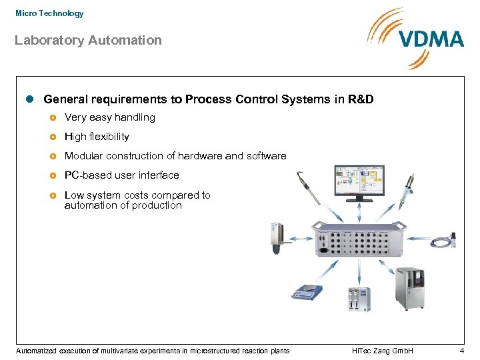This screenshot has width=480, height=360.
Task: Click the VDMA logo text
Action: click(431, 39)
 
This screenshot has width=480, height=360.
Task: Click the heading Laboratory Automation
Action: click(88, 40)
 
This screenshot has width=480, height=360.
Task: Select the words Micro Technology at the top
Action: click(49, 13)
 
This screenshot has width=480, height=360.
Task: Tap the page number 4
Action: click(461, 351)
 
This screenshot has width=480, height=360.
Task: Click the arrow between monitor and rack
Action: click(359, 212)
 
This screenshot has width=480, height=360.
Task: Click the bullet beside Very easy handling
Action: click(53, 118)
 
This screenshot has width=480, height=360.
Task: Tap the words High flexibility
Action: click(97, 137)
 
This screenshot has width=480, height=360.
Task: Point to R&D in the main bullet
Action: click(363, 99)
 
